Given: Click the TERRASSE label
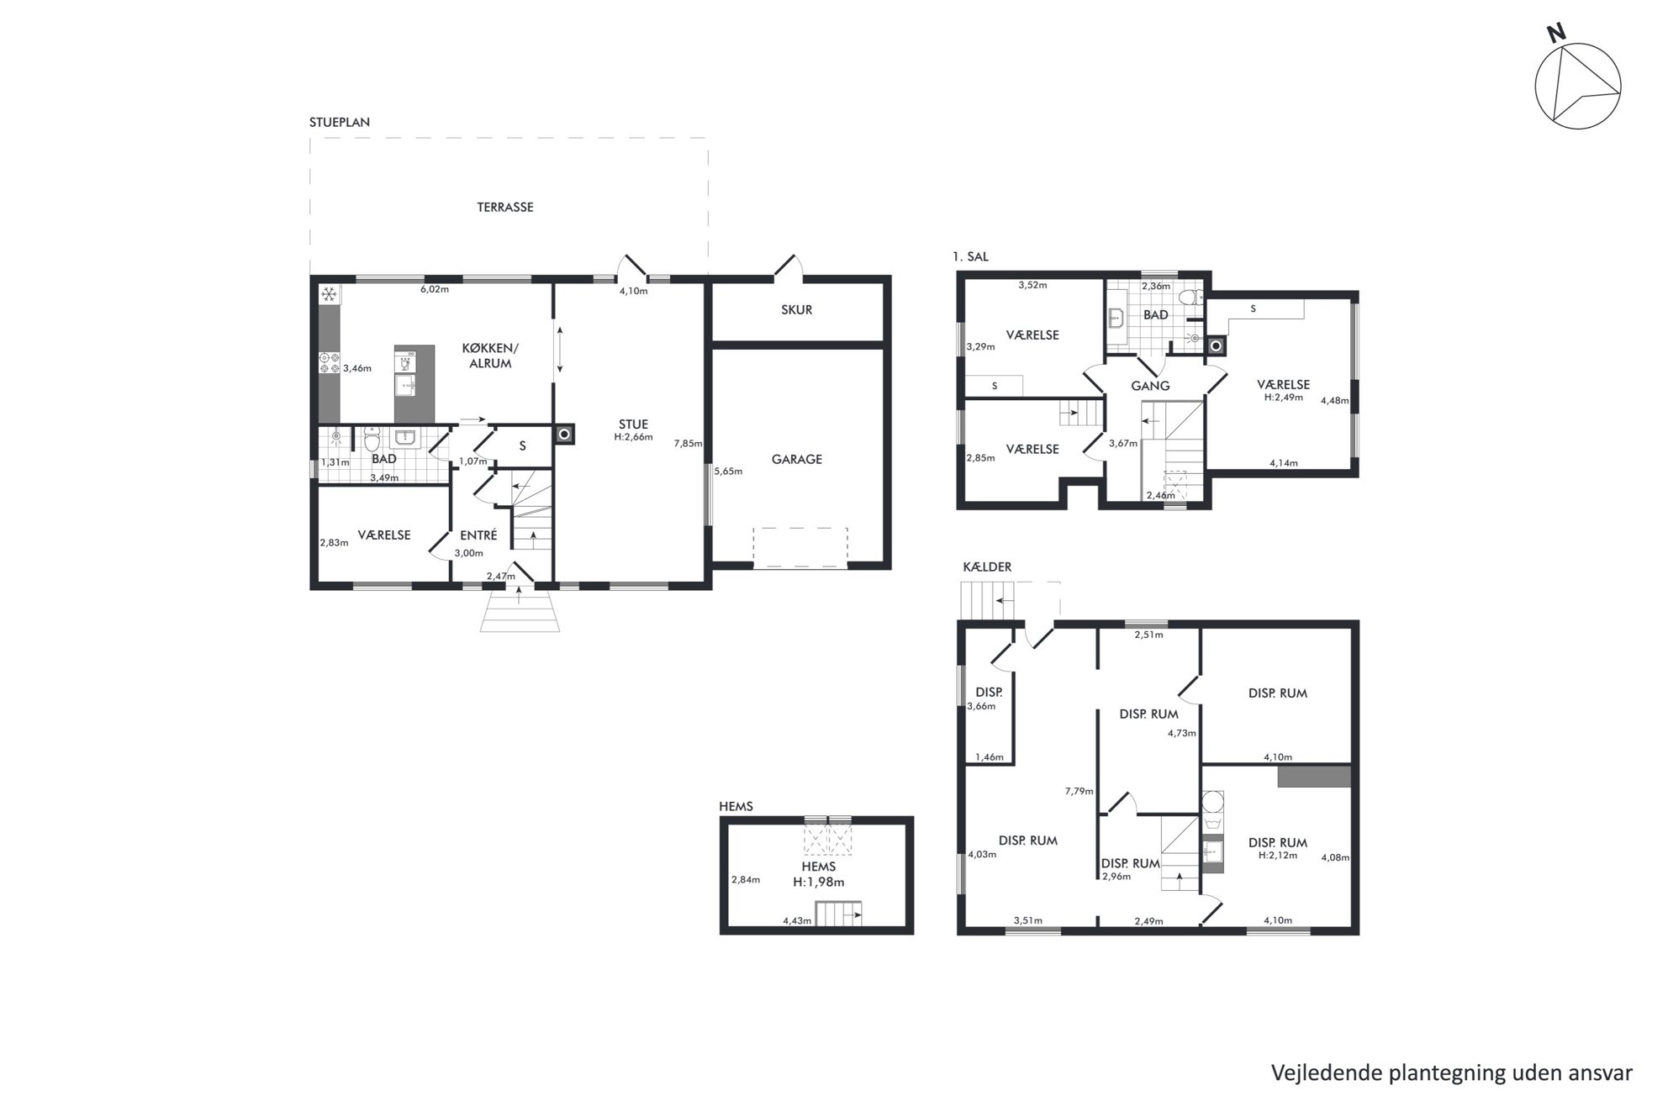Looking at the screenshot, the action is point(505,207).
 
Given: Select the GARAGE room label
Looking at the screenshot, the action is point(796,459).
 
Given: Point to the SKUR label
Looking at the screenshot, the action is point(796,309).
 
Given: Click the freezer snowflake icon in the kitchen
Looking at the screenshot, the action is point(330,294).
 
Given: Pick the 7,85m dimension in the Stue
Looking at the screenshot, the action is point(688,444).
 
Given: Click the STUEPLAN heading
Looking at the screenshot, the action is point(340,122).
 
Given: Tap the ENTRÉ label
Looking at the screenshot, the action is point(478,535).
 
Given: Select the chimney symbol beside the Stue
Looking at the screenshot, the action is point(564,435).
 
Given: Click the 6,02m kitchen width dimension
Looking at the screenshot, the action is point(435,290).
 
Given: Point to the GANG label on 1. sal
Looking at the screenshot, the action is point(1150,386).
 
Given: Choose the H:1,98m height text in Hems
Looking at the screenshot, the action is point(819,883).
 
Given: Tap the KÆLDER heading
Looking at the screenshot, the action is point(987,567).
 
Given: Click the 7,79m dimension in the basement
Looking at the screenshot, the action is point(1079,791).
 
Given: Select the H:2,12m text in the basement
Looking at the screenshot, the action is point(1277,856).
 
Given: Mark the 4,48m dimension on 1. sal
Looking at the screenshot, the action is point(1335,401).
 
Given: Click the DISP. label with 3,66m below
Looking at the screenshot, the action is point(989,693).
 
